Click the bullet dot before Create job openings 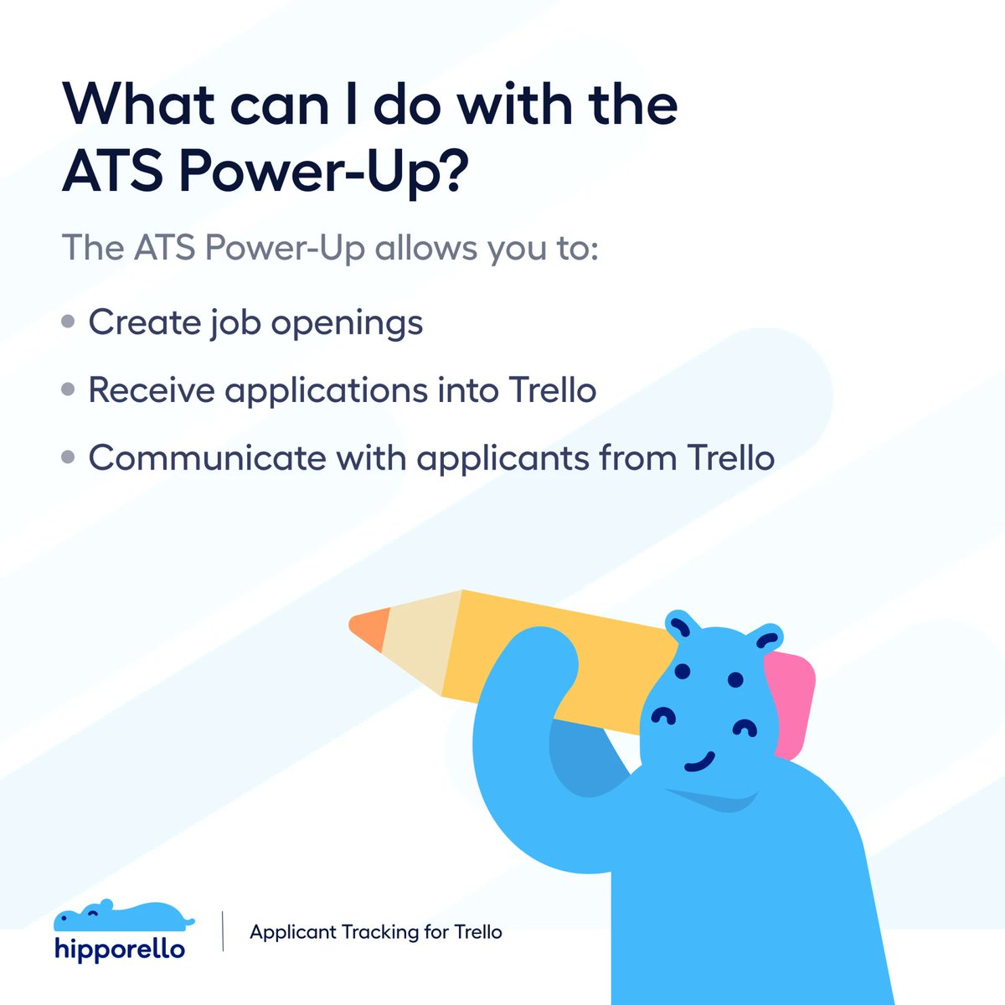pos(69,322)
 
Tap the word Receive pos(151,390)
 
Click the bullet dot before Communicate pos(69,458)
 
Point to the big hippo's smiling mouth pos(697,763)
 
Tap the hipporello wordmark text pos(119,949)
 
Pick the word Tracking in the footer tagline pos(381,932)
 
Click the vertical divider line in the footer pos(223,931)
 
